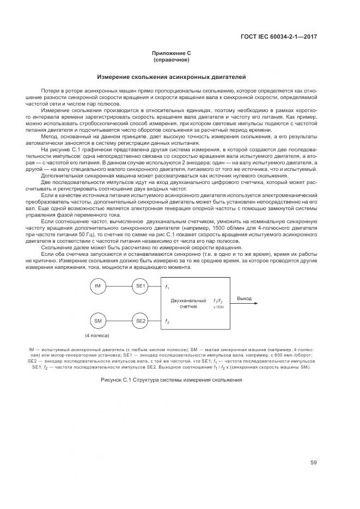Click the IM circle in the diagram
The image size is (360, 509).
[x=98, y=286]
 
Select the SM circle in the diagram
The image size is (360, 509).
[x=98, y=321]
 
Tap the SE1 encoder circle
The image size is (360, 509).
[x=141, y=286]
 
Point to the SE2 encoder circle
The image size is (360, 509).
[x=141, y=321]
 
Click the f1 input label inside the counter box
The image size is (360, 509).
[x=167, y=287]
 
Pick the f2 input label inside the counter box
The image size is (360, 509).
[x=167, y=321]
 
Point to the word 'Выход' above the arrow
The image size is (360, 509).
[x=245, y=298]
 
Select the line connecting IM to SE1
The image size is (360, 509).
[x=119, y=286]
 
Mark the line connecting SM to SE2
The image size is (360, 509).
[x=119, y=321]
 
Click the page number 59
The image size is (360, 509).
[x=314, y=463]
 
